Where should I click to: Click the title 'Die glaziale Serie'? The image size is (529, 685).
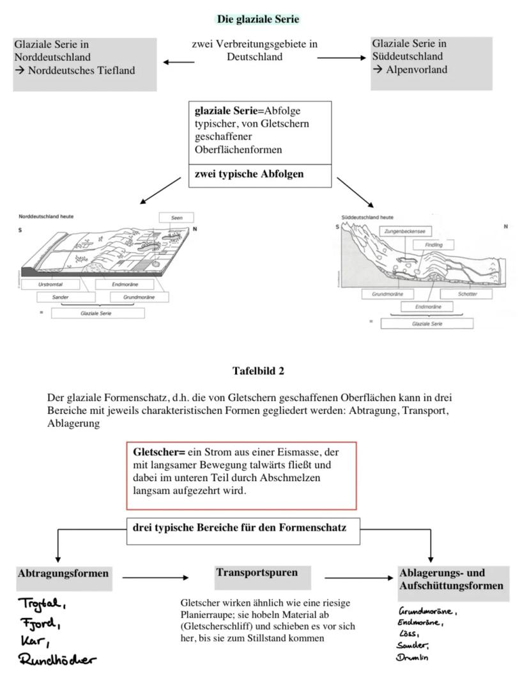(258, 19)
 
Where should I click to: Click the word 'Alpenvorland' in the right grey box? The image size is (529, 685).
(417, 70)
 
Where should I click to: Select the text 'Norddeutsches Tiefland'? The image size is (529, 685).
(81, 70)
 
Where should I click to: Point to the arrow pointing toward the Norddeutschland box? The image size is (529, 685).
(178, 62)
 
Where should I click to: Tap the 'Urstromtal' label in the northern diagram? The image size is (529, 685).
(50, 284)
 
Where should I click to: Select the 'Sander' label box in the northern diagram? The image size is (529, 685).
(60, 297)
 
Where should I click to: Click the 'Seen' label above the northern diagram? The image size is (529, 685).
(176, 218)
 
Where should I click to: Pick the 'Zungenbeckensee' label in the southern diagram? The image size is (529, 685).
(405, 231)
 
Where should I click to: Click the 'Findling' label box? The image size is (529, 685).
(438, 245)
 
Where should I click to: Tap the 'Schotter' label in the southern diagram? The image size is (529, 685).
(467, 294)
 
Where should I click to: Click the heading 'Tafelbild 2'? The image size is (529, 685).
(258, 371)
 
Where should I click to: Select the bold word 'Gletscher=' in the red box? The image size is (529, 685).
(159, 452)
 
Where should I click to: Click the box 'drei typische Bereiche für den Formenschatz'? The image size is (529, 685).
(243, 529)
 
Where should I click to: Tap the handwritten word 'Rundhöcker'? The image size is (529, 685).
(57, 659)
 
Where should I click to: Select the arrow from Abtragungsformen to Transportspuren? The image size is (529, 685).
(155, 578)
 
